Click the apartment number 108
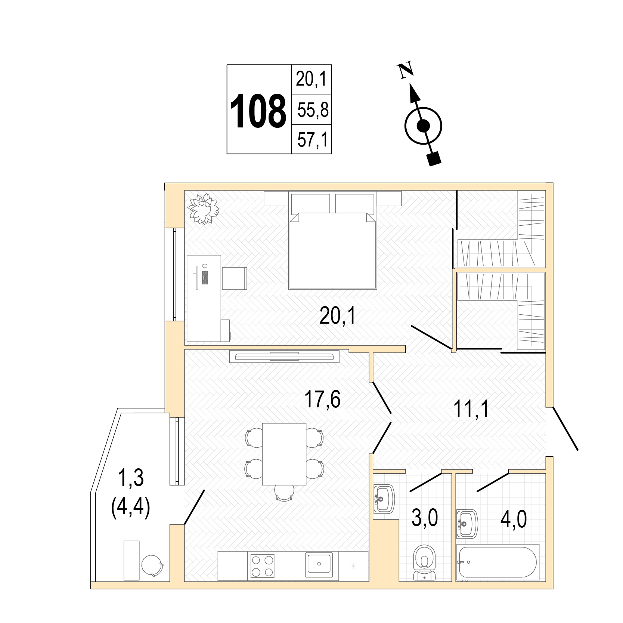tap(258, 111)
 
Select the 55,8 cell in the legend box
tap(311, 110)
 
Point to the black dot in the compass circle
tap(423, 126)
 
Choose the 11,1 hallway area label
tap(471, 409)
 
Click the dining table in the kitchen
tap(284, 454)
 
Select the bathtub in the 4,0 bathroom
tap(498, 562)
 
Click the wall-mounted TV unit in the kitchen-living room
tap(284, 356)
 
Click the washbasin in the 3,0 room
tap(384, 499)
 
